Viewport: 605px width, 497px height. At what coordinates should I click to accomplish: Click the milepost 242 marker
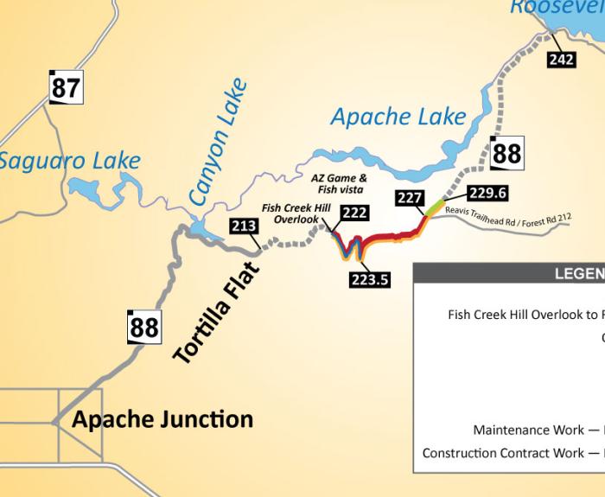(x=562, y=59)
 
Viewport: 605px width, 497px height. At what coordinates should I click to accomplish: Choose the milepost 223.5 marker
(x=370, y=278)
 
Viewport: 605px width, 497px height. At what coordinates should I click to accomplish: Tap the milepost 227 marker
(x=409, y=198)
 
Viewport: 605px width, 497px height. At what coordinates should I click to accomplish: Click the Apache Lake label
(x=398, y=117)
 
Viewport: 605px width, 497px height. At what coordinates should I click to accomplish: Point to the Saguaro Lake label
(x=69, y=161)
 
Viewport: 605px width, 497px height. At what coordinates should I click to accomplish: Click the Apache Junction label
(x=162, y=420)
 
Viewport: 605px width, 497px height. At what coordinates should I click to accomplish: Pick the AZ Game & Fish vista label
(x=338, y=183)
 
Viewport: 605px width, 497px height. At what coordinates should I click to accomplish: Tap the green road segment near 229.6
(x=435, y=207)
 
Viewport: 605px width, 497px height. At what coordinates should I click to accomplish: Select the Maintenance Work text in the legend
(x=523, y=430)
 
